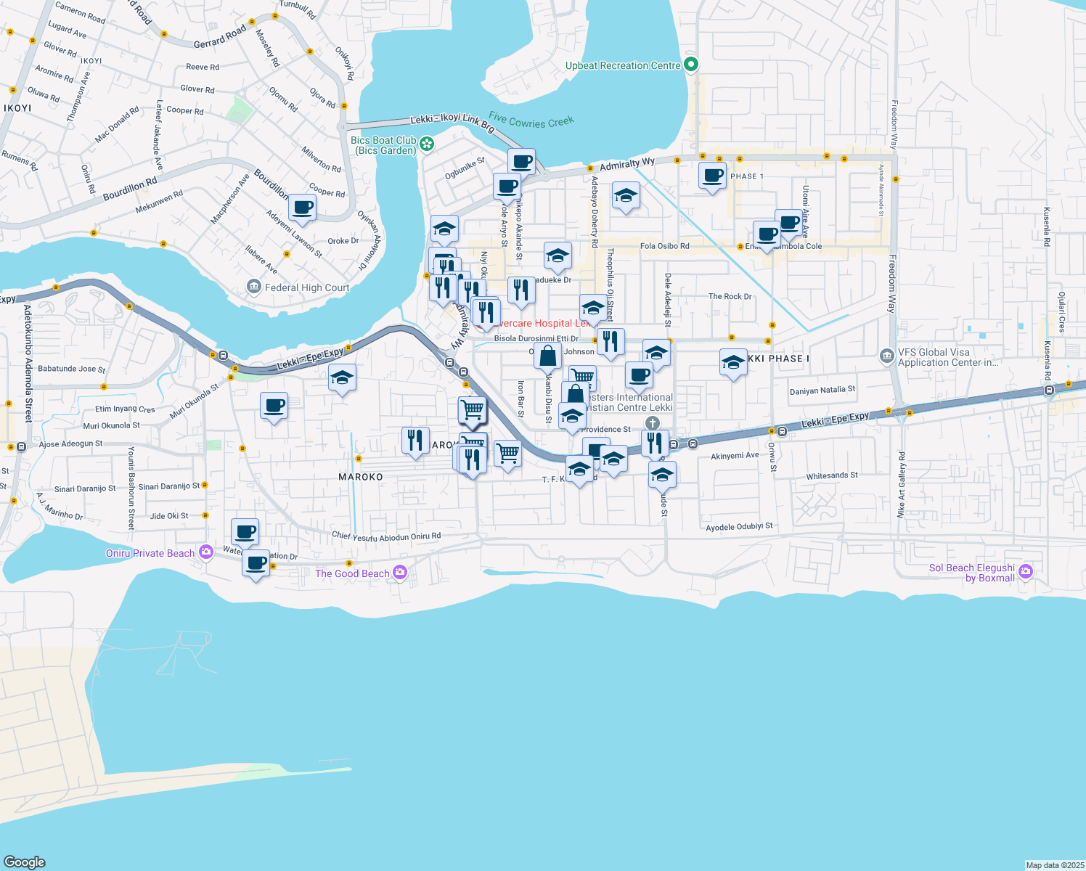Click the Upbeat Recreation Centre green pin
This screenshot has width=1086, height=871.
691,65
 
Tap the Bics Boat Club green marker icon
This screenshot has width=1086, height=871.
427,144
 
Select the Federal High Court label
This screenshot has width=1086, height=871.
307,288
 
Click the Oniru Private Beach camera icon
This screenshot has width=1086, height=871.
205,553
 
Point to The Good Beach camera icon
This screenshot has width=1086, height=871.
399,573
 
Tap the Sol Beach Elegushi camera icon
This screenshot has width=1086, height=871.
1025,572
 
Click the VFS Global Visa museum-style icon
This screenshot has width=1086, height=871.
886,356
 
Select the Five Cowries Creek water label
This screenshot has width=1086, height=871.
531,120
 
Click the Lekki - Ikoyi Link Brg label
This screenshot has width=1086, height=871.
452,123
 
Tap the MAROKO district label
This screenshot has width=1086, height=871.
361,477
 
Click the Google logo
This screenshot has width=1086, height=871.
25,862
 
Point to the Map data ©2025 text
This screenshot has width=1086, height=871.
1054,865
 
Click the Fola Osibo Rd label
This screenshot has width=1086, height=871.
664,246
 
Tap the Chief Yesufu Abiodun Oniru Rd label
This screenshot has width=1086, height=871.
386,536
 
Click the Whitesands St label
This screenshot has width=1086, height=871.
832,476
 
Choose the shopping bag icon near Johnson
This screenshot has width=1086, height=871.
548,356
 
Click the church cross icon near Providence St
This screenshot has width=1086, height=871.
653,423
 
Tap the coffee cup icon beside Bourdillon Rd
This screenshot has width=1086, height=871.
302,208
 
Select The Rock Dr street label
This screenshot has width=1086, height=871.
730,296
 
